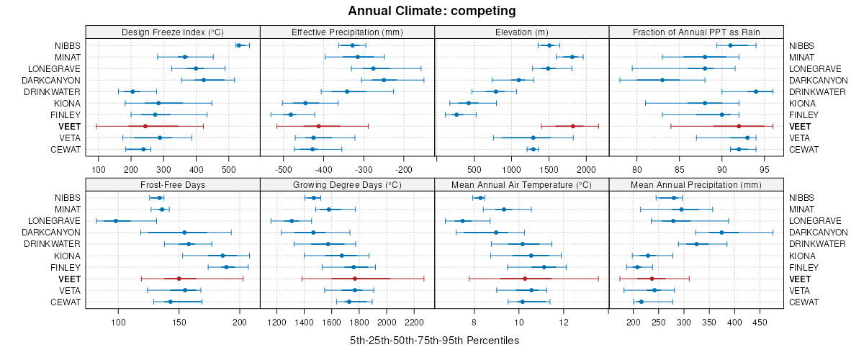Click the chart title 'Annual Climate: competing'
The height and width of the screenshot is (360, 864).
click(x=432, y=11)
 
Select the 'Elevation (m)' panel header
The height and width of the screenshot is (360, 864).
click(x=522, y=32)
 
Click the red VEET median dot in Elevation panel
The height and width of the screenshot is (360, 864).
click(x=573, y=126)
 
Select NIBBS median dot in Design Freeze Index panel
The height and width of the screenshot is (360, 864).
click(x=239, y=45)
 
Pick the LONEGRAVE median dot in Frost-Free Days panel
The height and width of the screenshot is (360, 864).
click(x=115, y=221)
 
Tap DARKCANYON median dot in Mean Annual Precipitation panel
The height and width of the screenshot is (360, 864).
click(x=721, y=233)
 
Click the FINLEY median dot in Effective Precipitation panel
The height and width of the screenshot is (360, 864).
click(x=291, y=114)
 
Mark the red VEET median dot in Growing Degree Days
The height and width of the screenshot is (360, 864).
click(x=355, y=279)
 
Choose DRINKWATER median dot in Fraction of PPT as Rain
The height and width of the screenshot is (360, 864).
click(x=756, y=91)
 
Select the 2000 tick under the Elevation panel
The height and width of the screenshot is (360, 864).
click(x=587, y=169)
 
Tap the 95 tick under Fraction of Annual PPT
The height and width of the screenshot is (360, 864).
click(x=765, y=169)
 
